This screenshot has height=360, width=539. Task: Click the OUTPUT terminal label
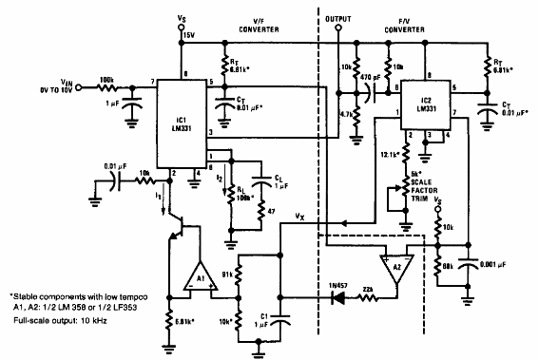pos(338,18)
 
